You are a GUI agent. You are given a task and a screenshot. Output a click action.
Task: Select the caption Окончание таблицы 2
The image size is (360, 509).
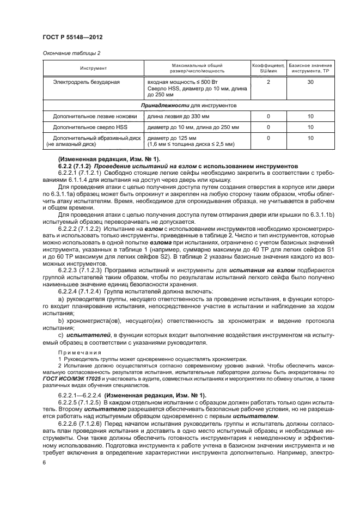click(x=72, y=53)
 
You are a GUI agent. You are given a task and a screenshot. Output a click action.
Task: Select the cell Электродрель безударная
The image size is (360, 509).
click(x=86, y=82)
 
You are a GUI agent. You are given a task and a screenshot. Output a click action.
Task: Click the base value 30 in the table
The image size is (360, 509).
click(x=310, y=82)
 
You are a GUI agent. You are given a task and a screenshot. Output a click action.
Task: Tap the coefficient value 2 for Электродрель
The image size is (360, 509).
click(x=268, y=82)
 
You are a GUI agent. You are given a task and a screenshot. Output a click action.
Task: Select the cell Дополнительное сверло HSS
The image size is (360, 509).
click(x=90, y=127)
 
